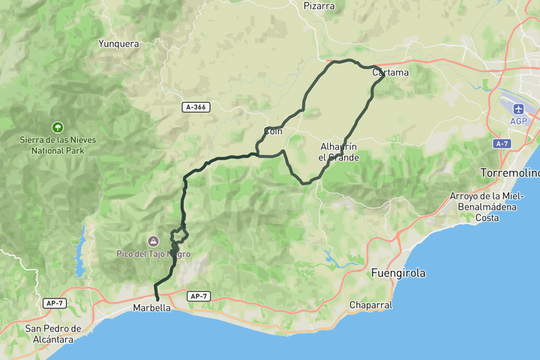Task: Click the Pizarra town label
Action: pyautogui.click(x=319, y=6)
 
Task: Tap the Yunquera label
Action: pyautogui.click(x=118, y=43)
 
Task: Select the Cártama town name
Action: pyautogui.click(x=391, y=73)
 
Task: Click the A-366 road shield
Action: pyautogui.click(x=195, y=107)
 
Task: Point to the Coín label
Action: pyautogui.click(x=272, y=132)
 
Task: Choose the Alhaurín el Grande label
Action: pyautogui.click(x=339, y=151)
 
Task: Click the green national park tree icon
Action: pyautogui.click(x=58, y=127)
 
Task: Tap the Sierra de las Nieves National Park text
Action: pyautogui.click(x=58, y=144)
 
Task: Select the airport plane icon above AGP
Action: pyautogui.click(x=518, y=108)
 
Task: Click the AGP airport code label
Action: pyautogui.click(x=518, y=121)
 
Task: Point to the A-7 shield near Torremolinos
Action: pyautogui.click(x=502, y=143)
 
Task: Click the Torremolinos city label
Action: pyautogui.click(x=510, y=173)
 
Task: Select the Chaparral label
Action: pyautogui.click(x=370, y=305)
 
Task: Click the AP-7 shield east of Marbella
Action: pyautogui.click(x=197, y=296)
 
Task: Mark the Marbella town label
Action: pyautogui.click(x=152, y=308)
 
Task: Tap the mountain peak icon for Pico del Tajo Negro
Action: pyautogui.click(x=153, y=241)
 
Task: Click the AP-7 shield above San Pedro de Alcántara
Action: pyautogui.click(x=53, y=303)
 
